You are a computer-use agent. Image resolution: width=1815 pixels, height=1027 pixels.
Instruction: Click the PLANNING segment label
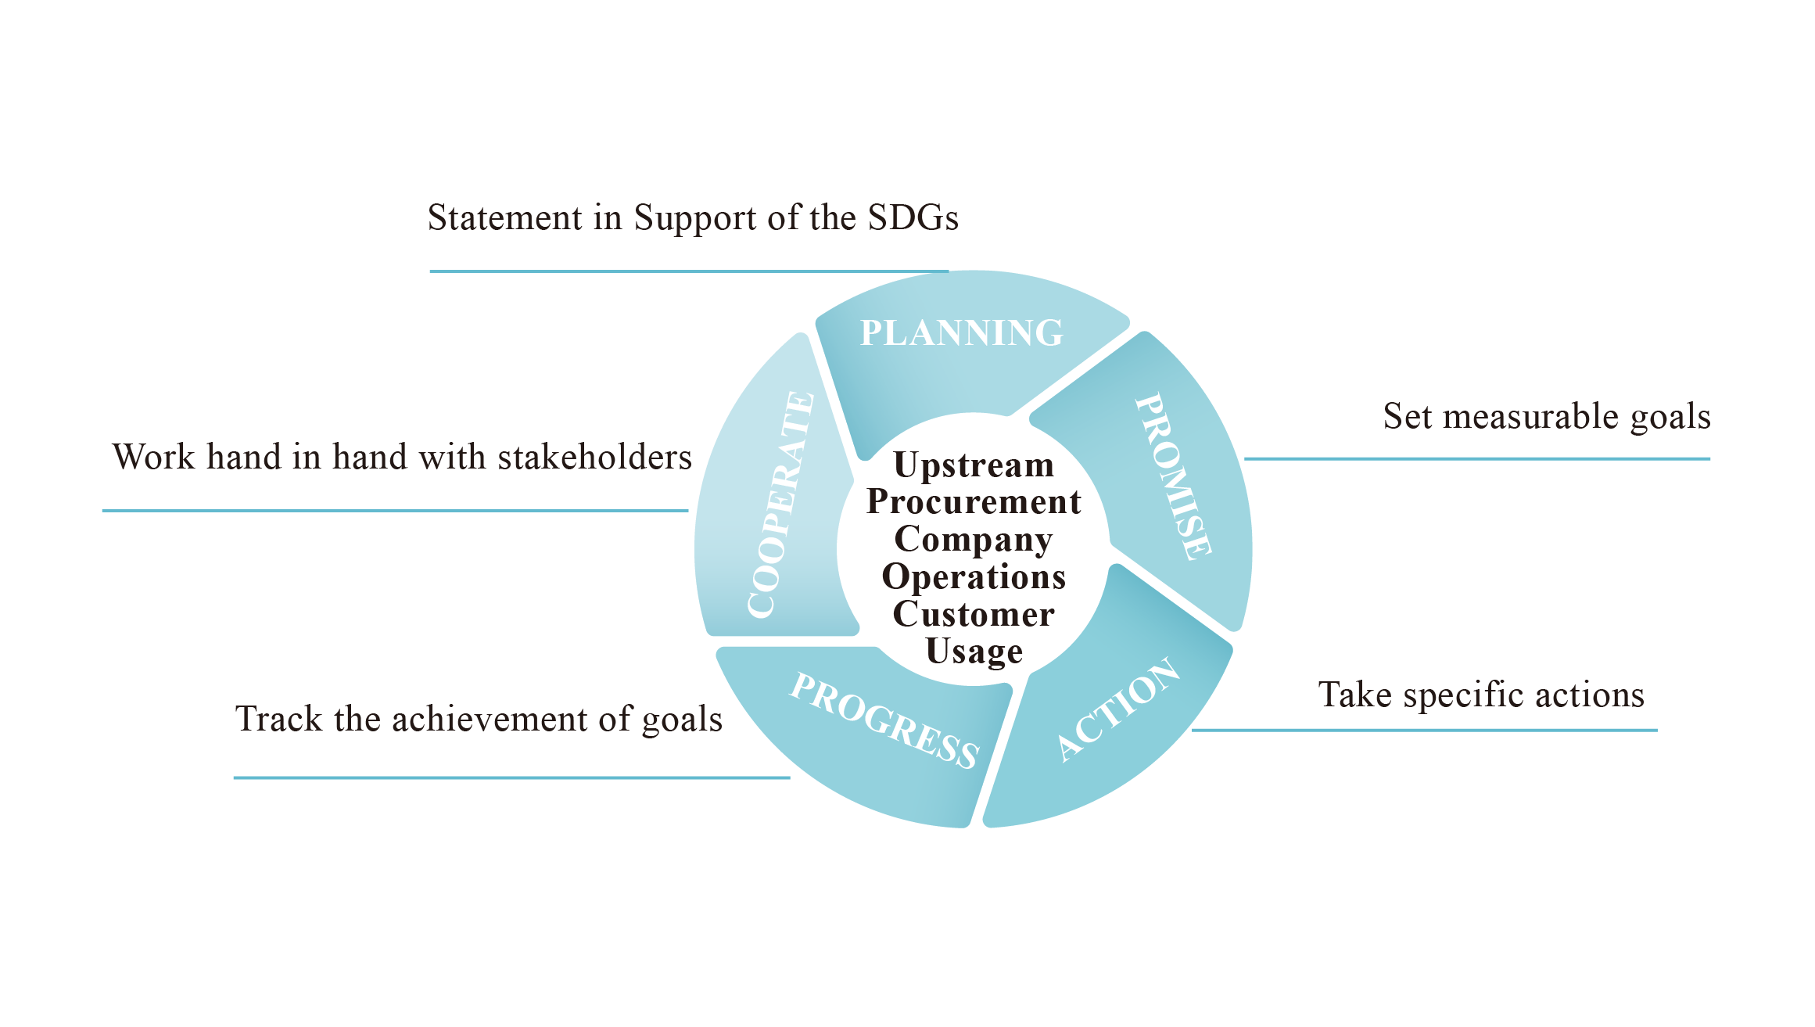tap(961, 333)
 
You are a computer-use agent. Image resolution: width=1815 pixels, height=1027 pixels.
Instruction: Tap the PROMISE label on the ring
tap(1174, 476)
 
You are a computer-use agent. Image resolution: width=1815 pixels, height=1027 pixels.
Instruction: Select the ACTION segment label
tap(1118, 709)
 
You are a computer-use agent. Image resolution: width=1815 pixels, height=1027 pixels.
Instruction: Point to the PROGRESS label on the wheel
tap(884, 720)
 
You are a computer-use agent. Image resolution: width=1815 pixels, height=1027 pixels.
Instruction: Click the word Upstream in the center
tap(974, 465)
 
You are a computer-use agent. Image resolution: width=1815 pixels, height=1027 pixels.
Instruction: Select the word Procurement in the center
tap(974, 502)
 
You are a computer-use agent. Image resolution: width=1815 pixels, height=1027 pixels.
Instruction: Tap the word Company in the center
tap(974, 540)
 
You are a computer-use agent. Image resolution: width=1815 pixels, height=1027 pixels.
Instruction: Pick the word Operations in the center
tap(974, 577)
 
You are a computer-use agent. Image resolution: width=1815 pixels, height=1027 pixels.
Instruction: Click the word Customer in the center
tap(974, 614)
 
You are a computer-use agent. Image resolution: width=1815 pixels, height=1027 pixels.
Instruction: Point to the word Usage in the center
tap(974, 652)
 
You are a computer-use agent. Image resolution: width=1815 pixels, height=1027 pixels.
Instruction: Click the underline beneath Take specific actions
tap(1423, 731)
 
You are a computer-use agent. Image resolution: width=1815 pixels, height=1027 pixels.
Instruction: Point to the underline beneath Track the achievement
tap(511, 778)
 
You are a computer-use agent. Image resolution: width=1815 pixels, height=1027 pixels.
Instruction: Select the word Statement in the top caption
tap(505, 217)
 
